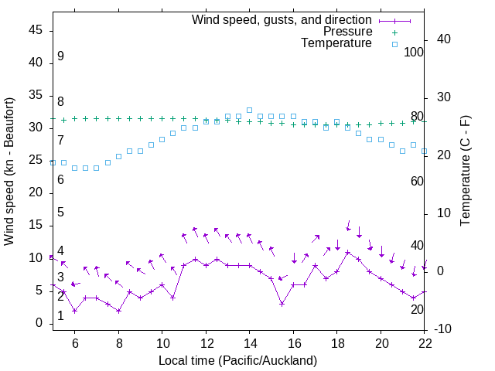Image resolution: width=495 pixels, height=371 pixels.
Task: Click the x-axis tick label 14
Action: (250, 342)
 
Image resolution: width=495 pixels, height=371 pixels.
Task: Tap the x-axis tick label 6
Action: (75, 342)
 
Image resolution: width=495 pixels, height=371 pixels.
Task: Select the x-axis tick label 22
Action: (425, 342)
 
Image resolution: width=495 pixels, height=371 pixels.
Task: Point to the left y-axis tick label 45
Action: (36, 30)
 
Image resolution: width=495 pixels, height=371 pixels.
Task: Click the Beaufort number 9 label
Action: (60, 56)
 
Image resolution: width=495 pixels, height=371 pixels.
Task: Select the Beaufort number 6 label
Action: (60, 179)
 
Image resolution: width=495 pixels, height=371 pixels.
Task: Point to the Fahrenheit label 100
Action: (414, 52)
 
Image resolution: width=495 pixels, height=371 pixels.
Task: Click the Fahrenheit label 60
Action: (417, 181)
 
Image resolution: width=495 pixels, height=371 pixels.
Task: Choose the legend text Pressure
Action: (347, 32)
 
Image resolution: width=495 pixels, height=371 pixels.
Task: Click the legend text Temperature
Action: (336, 43)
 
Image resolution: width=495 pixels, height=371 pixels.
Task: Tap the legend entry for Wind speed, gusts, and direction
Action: (282, 19)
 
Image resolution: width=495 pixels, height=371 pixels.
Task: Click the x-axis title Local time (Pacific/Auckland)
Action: (238, 360)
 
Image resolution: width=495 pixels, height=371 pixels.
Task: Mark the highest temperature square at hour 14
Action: (249, 111)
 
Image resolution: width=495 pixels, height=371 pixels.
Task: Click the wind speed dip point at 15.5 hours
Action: (282, 304)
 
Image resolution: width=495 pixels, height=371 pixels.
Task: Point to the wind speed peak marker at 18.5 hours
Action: (348, 252)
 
